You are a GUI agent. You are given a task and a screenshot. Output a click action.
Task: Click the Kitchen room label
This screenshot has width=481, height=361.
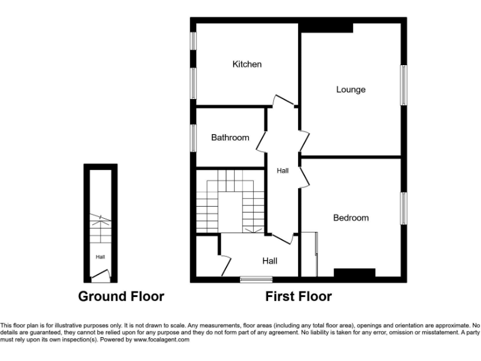tap(247, 64)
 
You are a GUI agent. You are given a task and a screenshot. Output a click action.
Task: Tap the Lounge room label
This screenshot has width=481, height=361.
tap(351, 90)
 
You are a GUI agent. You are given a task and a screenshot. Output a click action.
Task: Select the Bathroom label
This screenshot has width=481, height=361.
tap(230, 138)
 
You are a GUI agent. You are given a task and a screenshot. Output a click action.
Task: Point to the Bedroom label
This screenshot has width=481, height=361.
tap(351, 218)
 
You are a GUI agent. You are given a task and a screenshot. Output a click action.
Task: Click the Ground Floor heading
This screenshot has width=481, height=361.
tap(121, 296)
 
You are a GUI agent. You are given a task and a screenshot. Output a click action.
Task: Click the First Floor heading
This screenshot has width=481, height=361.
tap(298, 296)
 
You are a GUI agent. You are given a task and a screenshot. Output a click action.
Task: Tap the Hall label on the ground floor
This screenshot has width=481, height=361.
tap(100, 256)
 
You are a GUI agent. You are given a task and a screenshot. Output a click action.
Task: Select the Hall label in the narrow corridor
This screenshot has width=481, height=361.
tap(283, 170)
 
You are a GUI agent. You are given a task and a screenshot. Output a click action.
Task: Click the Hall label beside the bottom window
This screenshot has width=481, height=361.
tap(270, 261)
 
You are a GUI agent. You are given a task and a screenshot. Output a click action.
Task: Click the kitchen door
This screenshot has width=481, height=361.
tap(283, 100)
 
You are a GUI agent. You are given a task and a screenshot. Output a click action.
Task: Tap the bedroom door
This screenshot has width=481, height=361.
tap(304, 175)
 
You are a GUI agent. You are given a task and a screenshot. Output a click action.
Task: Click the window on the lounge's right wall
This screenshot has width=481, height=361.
tap(404, 85)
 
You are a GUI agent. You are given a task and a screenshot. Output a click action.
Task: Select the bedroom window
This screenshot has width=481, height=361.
tap(404, 209)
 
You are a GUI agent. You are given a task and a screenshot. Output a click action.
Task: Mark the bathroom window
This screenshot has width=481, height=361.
tap(194, 137)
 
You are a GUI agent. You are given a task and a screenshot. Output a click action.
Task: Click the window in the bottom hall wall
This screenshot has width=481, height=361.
tap(252, 278)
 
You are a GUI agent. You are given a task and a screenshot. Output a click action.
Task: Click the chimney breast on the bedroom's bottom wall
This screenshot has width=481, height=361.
tap(354, 273)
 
